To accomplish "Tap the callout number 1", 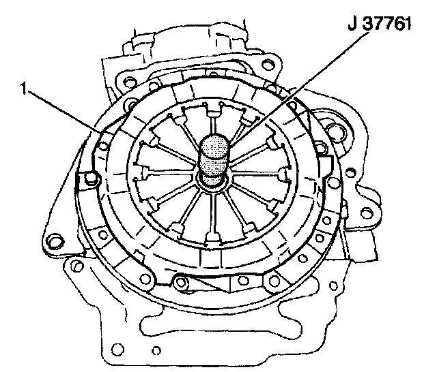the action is pyautogui.click(x=24, y=89).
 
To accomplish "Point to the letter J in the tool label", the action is pyautogui.click(x=352, y=24).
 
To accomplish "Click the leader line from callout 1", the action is pyautogui.click(x=64, y=111).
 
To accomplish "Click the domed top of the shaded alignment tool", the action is pyautogui.click(x=215, y=144).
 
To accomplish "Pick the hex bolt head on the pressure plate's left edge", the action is pyautogui.click(x=90, y=179).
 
